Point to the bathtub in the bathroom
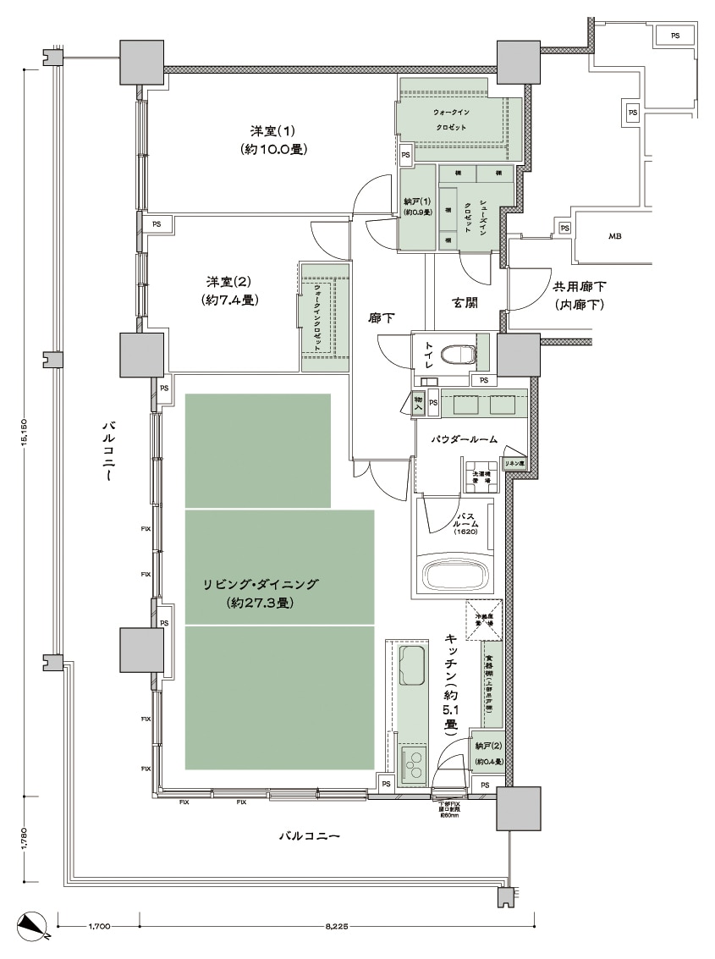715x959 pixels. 457,576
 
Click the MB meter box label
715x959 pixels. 614,236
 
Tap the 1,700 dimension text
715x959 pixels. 99,926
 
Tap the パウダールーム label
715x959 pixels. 464,439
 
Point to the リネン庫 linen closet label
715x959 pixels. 514,464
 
